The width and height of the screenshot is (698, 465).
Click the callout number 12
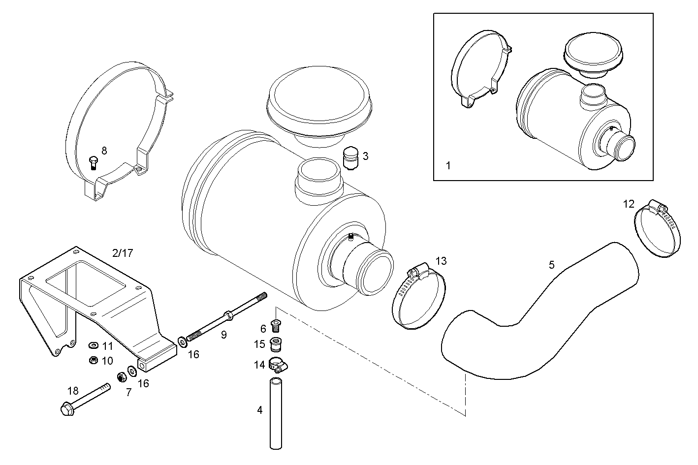(629, 204)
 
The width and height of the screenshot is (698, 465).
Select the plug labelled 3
(350, 158)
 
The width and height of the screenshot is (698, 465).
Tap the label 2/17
(123, 253)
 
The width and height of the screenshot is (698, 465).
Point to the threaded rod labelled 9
(226, 315)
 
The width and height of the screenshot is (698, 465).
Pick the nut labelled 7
(121, 378)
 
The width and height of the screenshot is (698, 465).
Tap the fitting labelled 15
(276, 342)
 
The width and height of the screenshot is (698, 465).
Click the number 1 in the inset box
(448, 166)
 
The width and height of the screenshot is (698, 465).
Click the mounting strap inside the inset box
(480, 66)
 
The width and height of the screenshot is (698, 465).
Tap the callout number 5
(552, 265)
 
